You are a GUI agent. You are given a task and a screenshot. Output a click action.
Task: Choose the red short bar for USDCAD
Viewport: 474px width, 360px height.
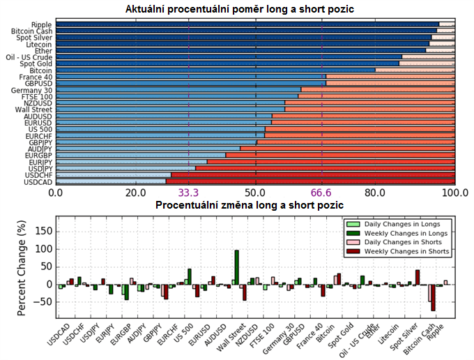click(x=310, y=182)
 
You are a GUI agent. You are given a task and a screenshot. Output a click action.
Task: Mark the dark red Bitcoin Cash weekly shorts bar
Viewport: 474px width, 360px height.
click(x=433, y=297)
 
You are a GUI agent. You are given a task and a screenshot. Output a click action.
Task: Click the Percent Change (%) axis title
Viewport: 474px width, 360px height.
click(x=22, y=268)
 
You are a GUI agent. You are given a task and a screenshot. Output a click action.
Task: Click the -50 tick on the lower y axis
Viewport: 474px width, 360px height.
click(x=44, y=302)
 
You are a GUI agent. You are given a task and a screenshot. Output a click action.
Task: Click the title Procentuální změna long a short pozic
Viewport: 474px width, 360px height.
click(x=250, y=206)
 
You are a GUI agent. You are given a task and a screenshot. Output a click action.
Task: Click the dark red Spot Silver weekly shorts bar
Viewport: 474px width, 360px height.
click(x=418, y=277)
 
